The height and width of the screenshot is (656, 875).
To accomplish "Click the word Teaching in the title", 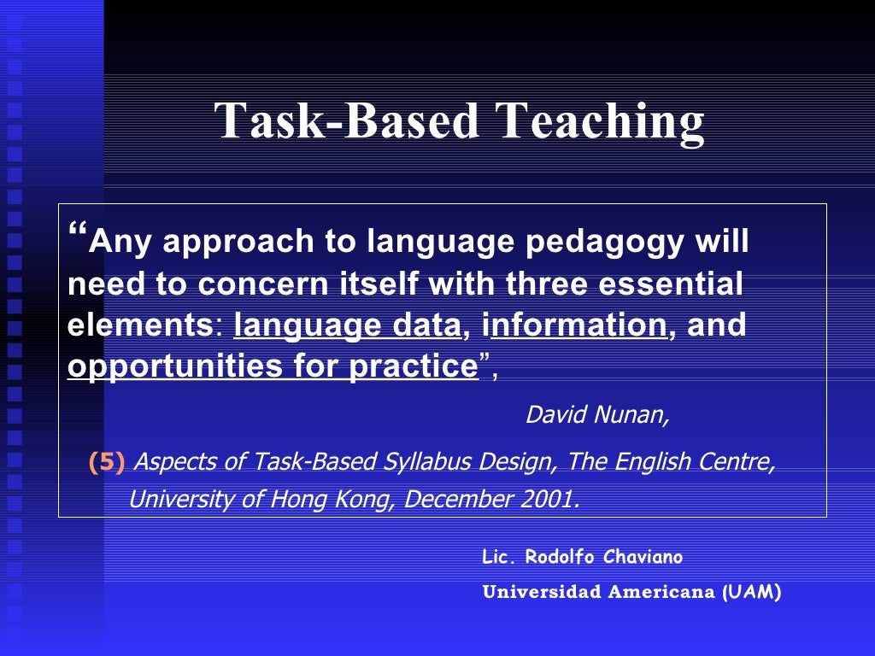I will click(x=601, y=121).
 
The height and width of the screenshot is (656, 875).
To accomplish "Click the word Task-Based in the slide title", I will click(x=347, y=121).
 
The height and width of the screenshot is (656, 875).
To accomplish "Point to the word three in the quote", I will click(x=547, y=285).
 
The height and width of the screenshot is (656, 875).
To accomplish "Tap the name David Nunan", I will click(x=596, y=415).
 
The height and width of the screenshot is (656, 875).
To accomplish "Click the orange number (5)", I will click(x=107, y=463).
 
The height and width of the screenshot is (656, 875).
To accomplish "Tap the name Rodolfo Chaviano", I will click(x=604, y=558).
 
